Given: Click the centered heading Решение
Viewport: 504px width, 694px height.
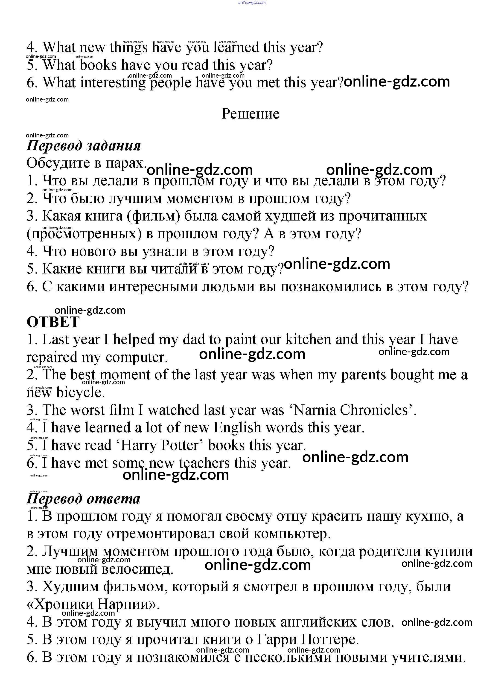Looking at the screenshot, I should [x=250, y=114].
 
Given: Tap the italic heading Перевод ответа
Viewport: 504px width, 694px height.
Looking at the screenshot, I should [x=83, y=499].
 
